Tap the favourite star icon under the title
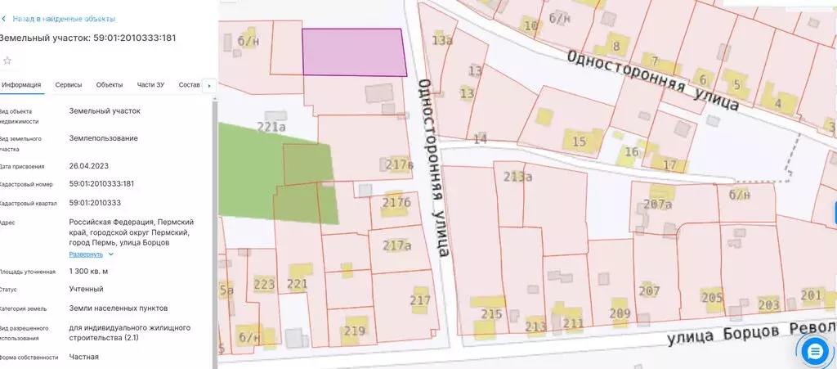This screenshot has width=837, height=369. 7,61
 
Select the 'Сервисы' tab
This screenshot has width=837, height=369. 68,85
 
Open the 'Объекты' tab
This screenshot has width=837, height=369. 109,85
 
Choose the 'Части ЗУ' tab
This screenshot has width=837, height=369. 150,85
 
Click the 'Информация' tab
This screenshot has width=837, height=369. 22,85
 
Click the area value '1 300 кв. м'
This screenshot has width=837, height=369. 88,272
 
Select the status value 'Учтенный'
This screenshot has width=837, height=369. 86,290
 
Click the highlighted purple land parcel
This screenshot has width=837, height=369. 354,52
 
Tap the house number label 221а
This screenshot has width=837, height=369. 271,127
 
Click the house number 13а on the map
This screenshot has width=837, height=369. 442,40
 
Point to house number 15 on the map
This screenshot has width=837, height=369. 580,142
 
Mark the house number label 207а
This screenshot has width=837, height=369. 657,204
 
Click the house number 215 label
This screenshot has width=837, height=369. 491,314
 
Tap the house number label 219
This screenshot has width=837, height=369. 354,331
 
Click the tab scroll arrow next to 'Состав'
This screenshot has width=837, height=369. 209,85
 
